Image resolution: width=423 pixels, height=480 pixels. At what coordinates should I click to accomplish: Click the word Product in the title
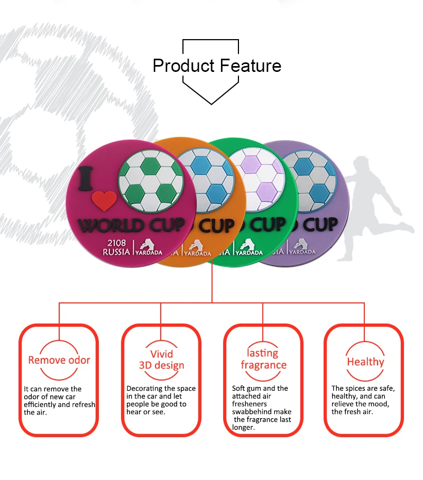tap(183, 66)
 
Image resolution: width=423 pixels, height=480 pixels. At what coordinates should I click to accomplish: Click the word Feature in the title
tap(251, 66)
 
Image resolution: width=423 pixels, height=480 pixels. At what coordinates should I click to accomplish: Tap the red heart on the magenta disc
tap(104, 201)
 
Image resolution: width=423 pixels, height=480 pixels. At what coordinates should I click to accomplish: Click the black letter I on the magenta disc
tap(86, 179)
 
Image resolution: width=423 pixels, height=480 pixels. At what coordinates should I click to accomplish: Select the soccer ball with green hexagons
tap(151, 181)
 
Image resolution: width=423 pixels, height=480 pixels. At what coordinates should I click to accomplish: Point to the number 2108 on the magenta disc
tap(116, 243)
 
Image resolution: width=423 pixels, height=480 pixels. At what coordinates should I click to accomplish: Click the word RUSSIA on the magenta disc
tap(116, 252)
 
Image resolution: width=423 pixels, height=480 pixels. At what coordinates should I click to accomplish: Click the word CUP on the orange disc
tap(217, 226)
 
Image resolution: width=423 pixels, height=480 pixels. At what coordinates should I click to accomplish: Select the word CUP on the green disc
tap(268, 225)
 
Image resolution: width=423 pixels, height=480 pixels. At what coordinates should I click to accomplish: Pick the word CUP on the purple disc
tap(320, 225)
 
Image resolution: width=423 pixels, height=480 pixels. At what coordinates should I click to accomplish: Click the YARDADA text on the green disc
tap(249, 253)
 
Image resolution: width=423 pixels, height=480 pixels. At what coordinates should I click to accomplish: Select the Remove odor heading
tap(59, 360)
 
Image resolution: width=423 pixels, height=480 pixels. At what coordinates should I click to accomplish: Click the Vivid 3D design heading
tap(161, 359)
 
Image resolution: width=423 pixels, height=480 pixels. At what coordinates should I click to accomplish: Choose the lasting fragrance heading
tap(263, 359)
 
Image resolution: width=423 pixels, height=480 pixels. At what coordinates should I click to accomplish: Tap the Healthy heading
tap(365, 362)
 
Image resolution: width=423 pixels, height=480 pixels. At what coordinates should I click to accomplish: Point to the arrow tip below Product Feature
tap(211, 104)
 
